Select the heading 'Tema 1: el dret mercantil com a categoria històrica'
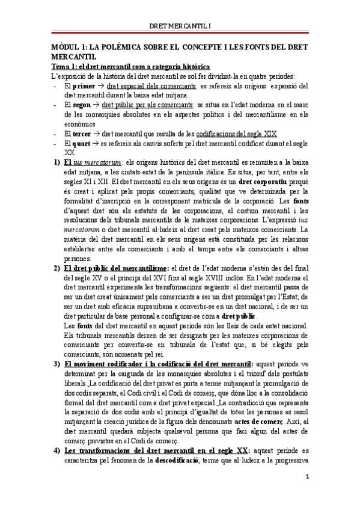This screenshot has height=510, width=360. point(130,66)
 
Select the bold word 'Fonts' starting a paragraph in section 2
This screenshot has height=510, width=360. point(73,325)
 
